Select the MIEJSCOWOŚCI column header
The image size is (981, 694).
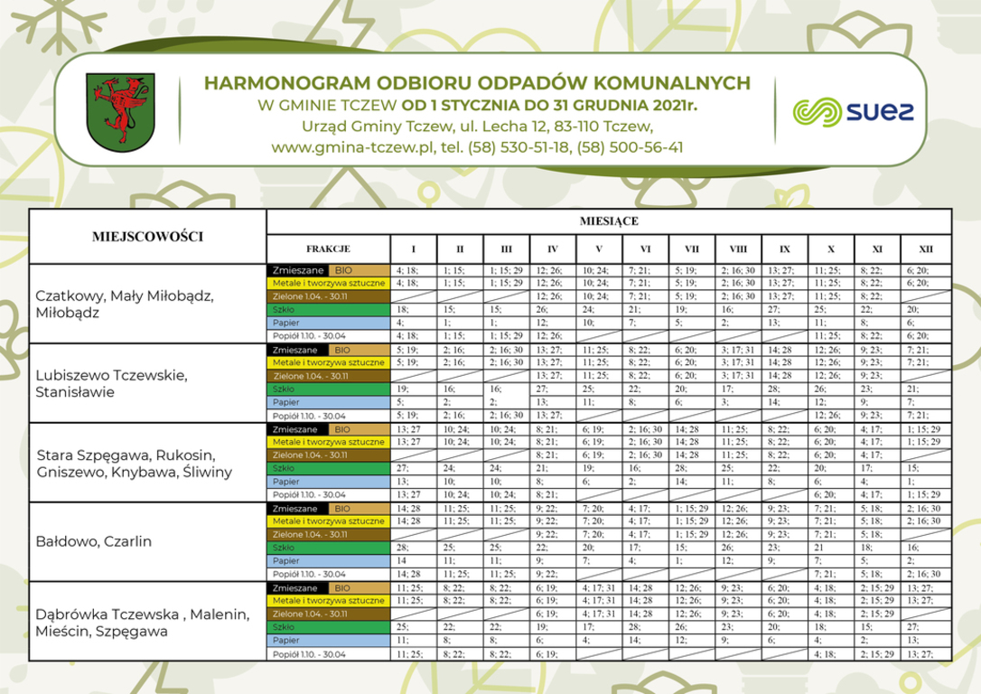coord(147,237)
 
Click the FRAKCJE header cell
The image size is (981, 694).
coord(328,249)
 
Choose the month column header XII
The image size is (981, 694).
coord(926,249)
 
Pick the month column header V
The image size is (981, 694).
coord(599,249)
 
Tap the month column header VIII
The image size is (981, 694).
coord(738,249)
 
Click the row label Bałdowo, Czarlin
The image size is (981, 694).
coord(93,541)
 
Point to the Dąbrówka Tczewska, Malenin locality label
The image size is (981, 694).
coord(141,623)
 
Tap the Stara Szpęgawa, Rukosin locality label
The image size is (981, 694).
coord(134,463)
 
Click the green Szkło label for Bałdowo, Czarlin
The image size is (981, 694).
coord(328,548)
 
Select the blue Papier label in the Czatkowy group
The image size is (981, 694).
coord(328,322)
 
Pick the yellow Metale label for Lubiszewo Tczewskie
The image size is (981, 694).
coord(328,362)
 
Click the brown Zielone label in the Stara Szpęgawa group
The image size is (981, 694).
coord(328,455)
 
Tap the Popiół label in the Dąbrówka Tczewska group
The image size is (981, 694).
coord(328,653)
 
